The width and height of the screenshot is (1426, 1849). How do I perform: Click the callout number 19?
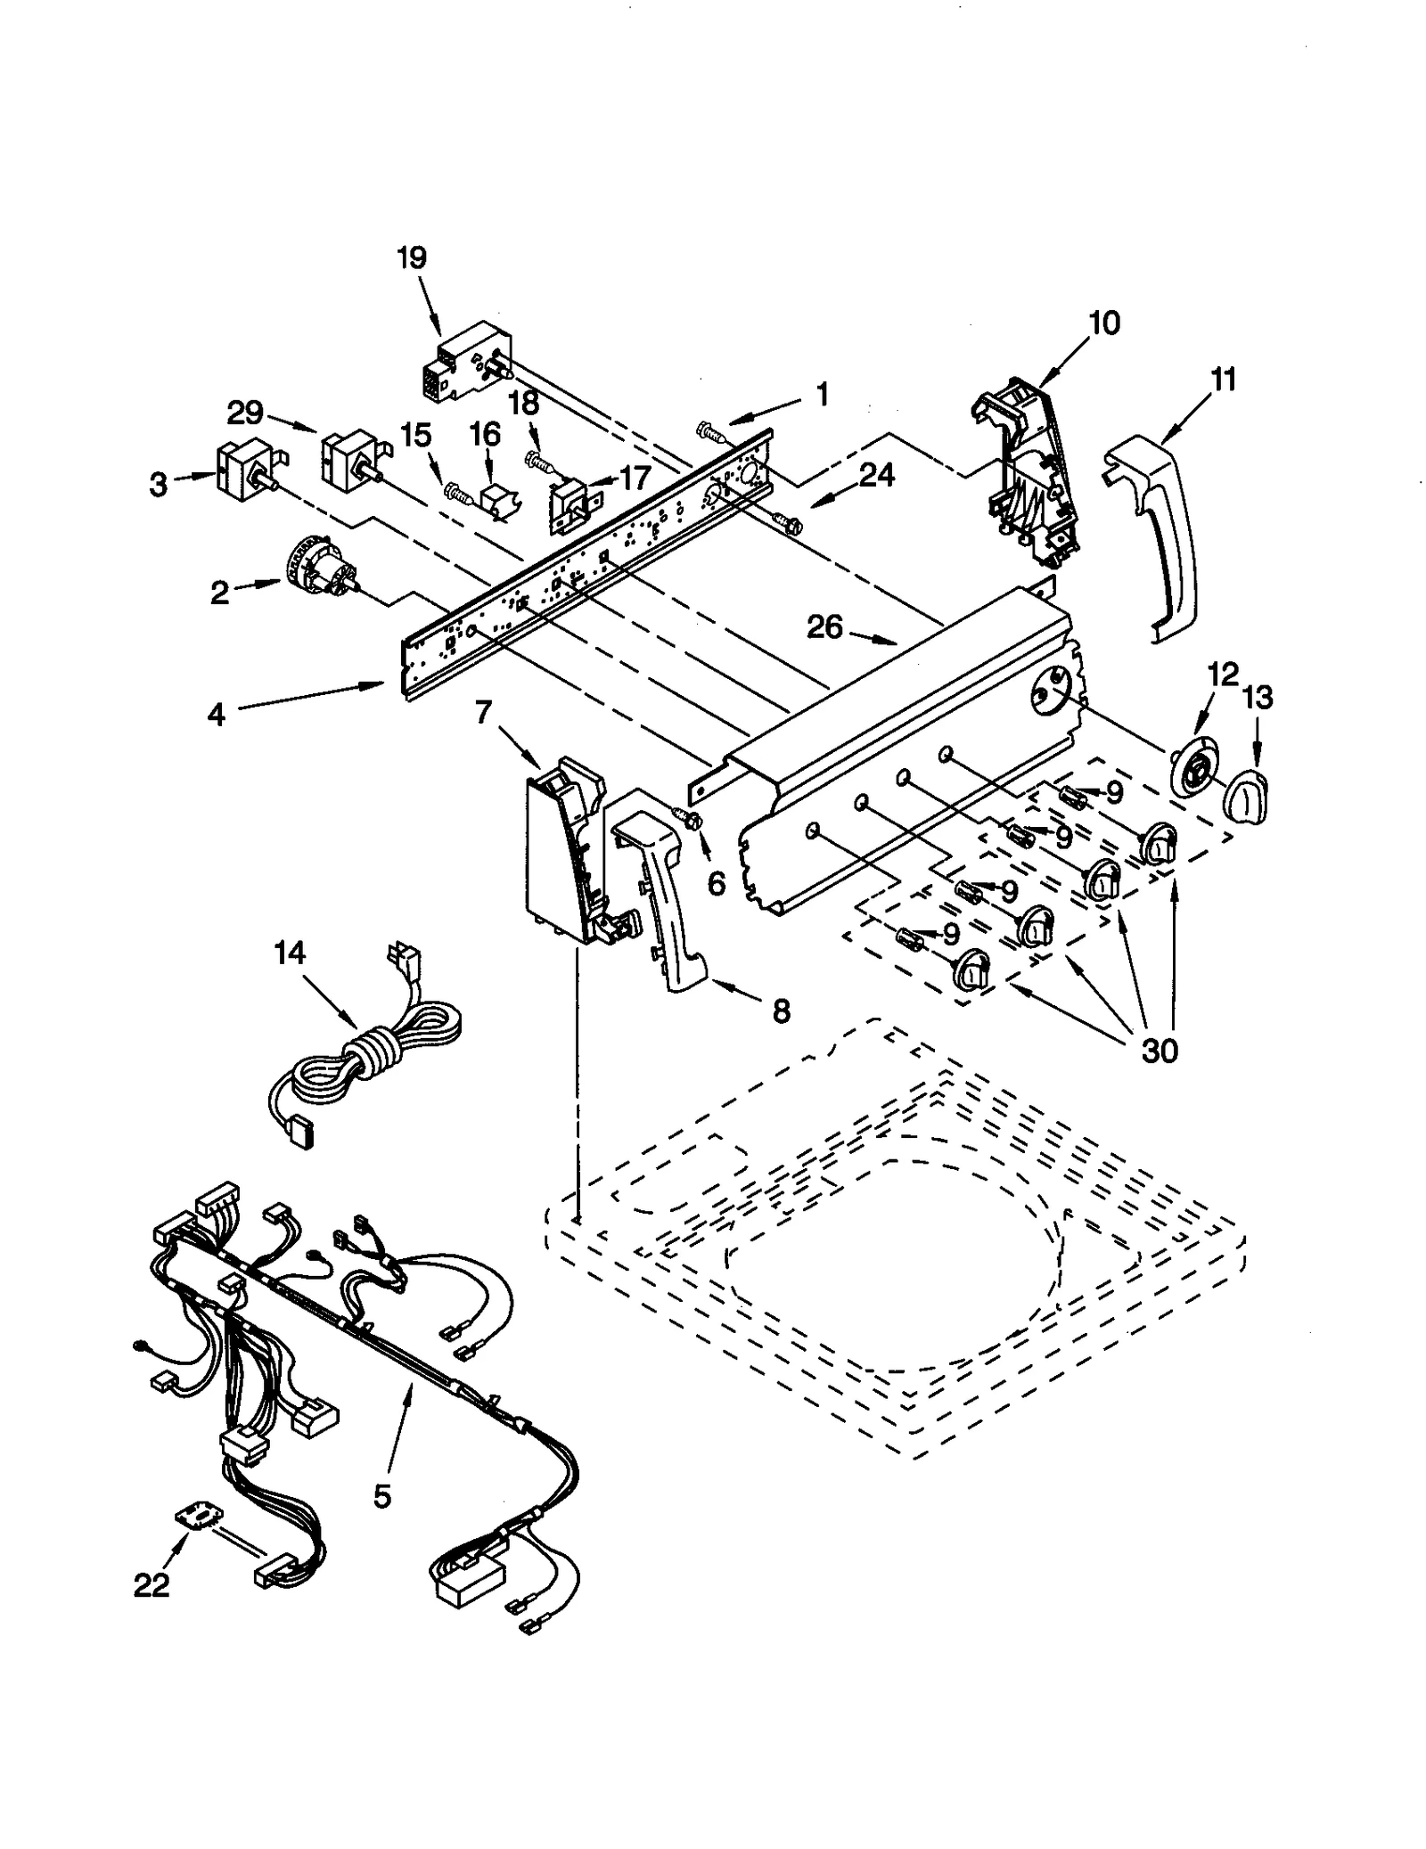pos(412,258)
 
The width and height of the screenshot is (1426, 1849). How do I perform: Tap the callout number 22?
pos(152,1585)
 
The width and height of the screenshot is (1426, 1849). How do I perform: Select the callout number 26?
pos(824,627)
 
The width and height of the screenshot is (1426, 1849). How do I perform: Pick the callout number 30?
pos(1160,1051)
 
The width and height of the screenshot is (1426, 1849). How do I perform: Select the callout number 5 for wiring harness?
pos(381,1497)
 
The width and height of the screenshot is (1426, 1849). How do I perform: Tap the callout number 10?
pos(1103,323)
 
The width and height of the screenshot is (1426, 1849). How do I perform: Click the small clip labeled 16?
pos(496,500)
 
